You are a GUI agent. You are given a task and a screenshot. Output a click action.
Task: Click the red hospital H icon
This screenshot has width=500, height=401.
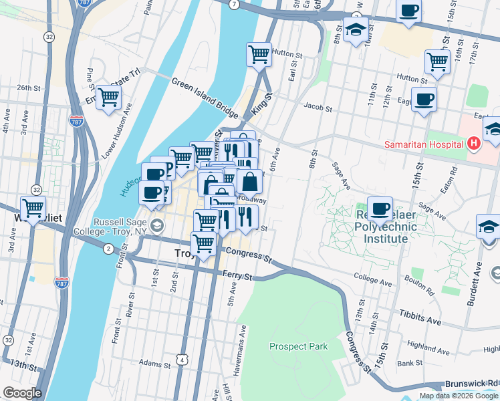coord(474,143)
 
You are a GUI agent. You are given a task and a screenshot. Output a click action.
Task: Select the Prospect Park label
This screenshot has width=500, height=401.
coord(299,346)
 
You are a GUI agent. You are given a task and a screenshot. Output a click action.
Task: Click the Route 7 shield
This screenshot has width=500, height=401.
coord(233,4)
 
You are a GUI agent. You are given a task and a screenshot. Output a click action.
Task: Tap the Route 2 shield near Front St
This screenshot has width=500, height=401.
coord(108,249)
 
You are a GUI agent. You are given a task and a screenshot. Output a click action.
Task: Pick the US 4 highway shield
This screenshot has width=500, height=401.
coord(182,360)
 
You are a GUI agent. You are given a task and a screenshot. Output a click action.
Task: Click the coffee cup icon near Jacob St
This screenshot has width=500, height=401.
coord(424,100)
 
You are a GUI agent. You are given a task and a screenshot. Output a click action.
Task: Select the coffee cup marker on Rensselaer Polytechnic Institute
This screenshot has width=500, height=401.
coord(380,209)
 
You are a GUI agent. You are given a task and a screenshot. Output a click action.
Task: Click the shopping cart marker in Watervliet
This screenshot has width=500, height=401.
coord(33,208)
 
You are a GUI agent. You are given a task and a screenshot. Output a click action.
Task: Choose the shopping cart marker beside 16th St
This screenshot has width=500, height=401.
coord(437,61)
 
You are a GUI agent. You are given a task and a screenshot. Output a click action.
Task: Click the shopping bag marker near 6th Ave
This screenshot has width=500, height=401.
coord(249,181)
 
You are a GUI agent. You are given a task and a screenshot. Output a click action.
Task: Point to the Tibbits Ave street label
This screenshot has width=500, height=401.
coord(421,317)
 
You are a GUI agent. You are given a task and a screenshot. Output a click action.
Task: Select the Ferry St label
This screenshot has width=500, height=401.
coord(237,275)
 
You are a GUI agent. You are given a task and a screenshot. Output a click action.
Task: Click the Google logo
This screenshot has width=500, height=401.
coord(22,393)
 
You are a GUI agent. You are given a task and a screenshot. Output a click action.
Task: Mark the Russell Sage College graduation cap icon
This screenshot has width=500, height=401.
coord(156,225)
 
